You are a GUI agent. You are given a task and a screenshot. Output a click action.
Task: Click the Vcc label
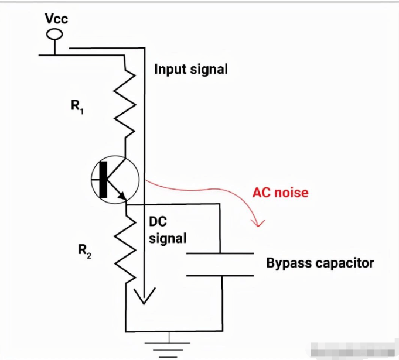click(x=56, y=19)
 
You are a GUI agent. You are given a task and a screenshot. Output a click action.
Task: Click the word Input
click(x=170, y=69)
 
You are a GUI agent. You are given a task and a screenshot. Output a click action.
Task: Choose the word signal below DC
click(x=168, y=238)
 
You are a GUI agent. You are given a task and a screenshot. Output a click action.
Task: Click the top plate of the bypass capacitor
click(x=219, y=254)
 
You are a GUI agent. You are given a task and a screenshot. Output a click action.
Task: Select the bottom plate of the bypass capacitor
click(x=219, y=275)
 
